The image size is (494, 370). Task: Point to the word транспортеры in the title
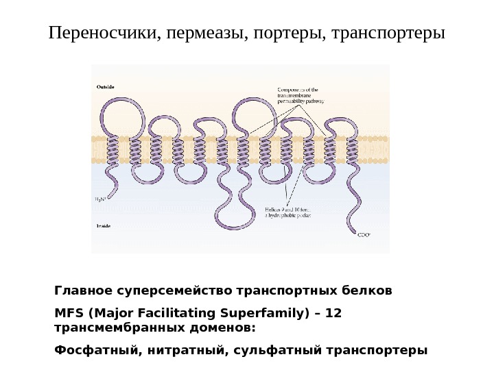coord(388,33)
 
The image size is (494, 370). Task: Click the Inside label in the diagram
coord(104,225)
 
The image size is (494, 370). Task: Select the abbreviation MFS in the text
coord(67,313)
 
